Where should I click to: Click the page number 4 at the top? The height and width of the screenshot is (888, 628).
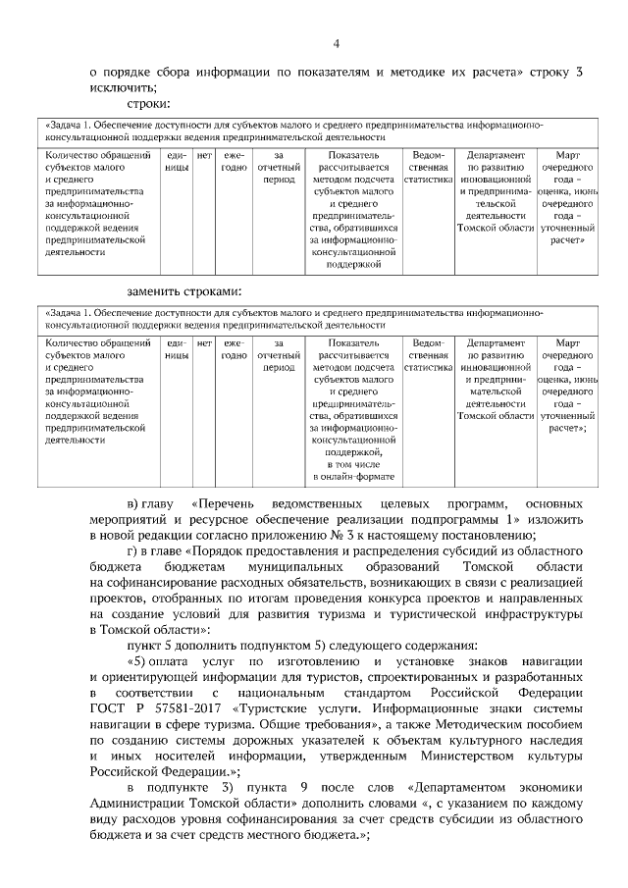click(x=336, y=43)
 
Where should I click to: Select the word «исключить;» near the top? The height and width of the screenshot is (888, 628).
click(x=120, y=87)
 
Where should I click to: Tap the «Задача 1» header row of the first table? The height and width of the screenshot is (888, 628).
click(x=314, y=131)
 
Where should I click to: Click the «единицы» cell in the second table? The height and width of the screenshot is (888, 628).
click(x=177, y=349)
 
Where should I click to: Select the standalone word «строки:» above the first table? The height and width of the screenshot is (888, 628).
click(x=149, y=103)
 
